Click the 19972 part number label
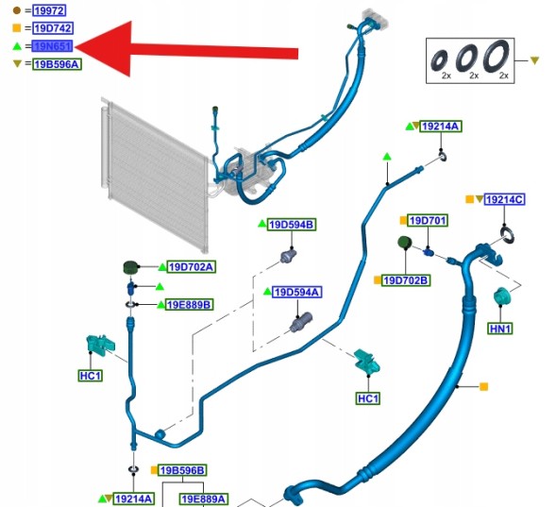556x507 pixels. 49,10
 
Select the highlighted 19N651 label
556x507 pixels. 52,46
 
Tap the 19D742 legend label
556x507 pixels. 53,28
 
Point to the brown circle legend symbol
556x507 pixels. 17,10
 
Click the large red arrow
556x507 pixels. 187,49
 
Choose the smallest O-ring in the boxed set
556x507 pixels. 439,59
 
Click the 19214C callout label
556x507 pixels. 505,199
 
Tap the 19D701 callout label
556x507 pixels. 428,221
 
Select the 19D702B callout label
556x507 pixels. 406,280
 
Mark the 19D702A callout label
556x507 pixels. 191,267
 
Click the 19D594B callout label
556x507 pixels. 292,225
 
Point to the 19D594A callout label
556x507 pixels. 296,292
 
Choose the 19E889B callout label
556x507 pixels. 190,305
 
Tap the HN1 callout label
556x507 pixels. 500,329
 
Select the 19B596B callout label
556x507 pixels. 182,470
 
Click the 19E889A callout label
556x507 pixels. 203,499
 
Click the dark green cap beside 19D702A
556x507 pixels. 130,267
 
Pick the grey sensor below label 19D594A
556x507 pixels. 301,322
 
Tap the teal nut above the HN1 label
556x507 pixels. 501,296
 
